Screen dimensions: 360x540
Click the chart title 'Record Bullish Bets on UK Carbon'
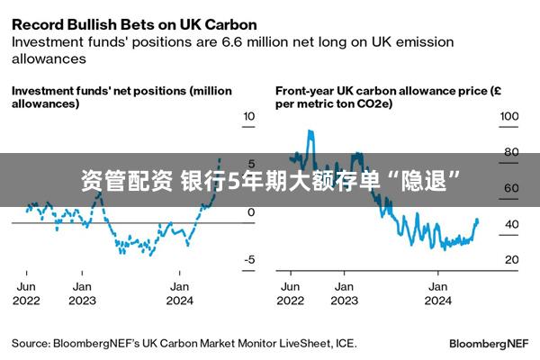(x=134, y=23)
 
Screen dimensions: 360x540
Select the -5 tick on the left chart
(x=249, y=260)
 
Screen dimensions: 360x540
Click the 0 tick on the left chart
(x=251, y=212)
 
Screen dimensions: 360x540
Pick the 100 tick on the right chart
(x=509, y=117)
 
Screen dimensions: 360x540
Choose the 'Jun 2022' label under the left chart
(x=26, y=293)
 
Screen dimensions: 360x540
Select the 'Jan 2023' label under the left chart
(x=83, y=293)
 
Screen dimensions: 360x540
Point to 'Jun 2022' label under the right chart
(x=291, y=293)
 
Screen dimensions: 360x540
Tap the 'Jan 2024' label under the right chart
(x=438, y=293)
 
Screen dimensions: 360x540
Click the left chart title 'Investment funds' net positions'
(x=121, y=97)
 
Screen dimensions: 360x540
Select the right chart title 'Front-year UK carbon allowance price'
(x=383, y=97)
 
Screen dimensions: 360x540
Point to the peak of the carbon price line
(x=310, y=131)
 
